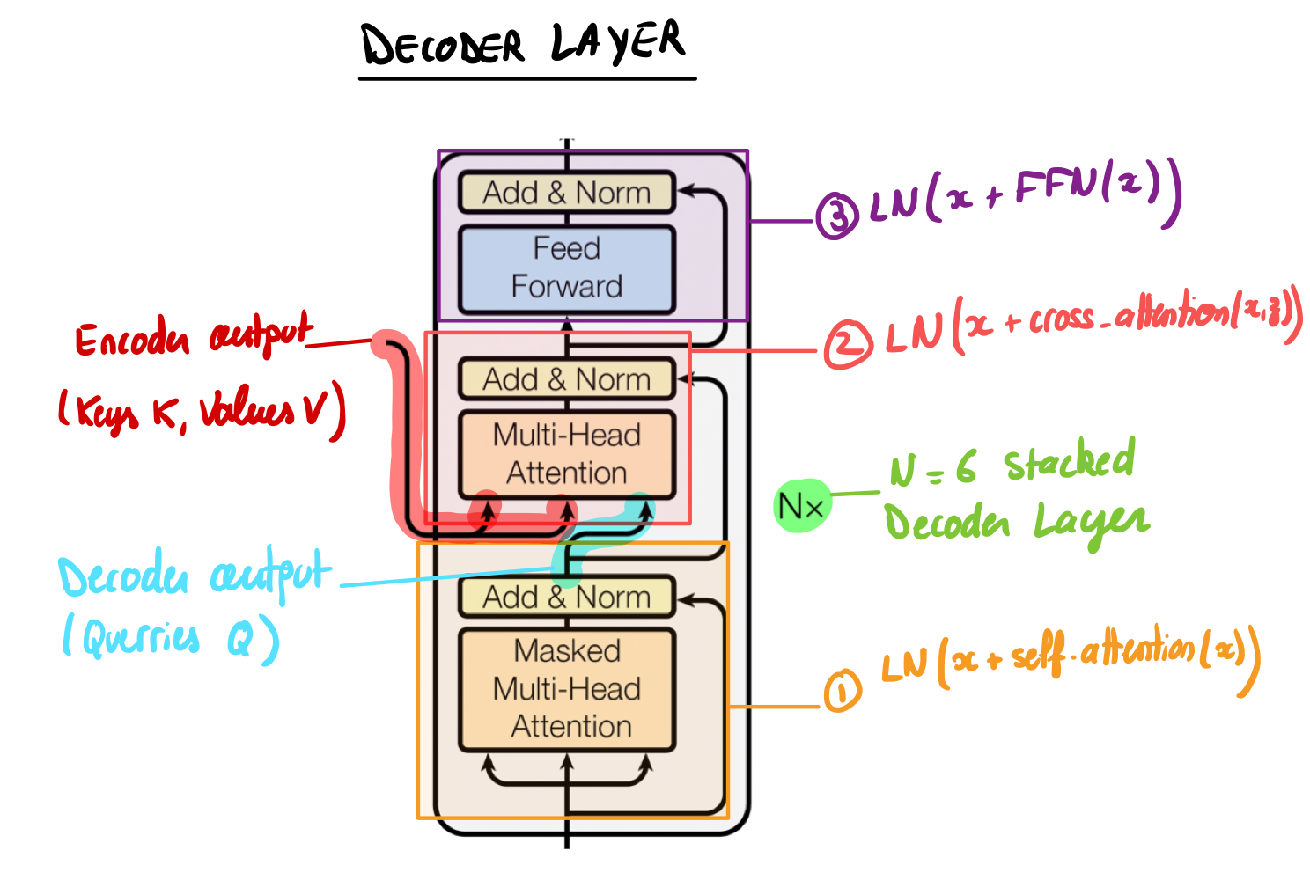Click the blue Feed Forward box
(x=567, y=268)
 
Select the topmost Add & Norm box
(x=567, y=193)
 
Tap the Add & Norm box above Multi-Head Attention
(x=567, y=380)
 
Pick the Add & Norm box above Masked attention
(x=567, y=598)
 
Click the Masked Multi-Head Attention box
(x=567, y=689)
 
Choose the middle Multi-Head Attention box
(x=567, y=454)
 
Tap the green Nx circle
(x=801, y=506)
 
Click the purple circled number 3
(x=835, y=216)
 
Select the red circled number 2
(x=847, y=344)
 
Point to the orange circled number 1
(x=842, y=691)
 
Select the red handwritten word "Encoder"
(x=132, y=340)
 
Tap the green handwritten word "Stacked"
(x=1069, y=462)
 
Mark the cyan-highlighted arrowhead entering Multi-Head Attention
(x=646, y=509)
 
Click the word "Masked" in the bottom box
(x=567, y=651)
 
